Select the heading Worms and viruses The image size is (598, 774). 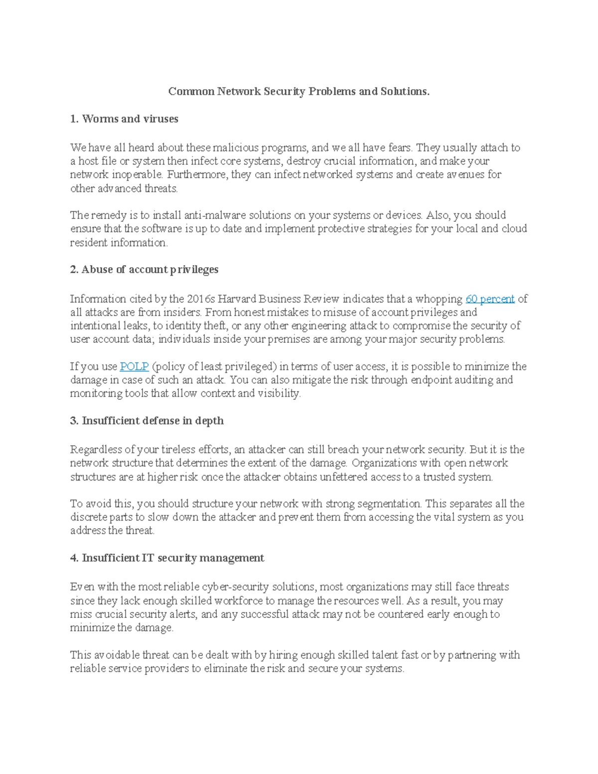click(124, 119)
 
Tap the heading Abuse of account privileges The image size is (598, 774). click(144, 270)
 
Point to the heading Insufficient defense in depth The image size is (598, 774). click(147, 421)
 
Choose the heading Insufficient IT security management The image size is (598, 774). click(167, 558)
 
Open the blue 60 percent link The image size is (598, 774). click(490, 299)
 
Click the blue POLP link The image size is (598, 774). click(134, 366)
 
